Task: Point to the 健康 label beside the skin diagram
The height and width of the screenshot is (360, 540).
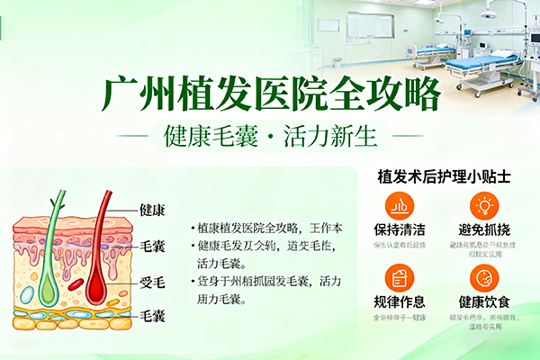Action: point(152,210)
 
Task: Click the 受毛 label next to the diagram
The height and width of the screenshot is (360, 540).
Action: point(152,282)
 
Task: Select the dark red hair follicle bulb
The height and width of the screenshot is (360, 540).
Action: point(98,287)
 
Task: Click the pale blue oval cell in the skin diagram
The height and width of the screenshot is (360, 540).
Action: point(27,294)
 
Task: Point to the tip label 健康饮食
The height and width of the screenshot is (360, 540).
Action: point(483,301)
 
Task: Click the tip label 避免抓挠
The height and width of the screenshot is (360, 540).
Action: point(483,229)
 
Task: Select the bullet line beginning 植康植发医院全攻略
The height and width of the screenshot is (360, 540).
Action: point(262,228)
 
